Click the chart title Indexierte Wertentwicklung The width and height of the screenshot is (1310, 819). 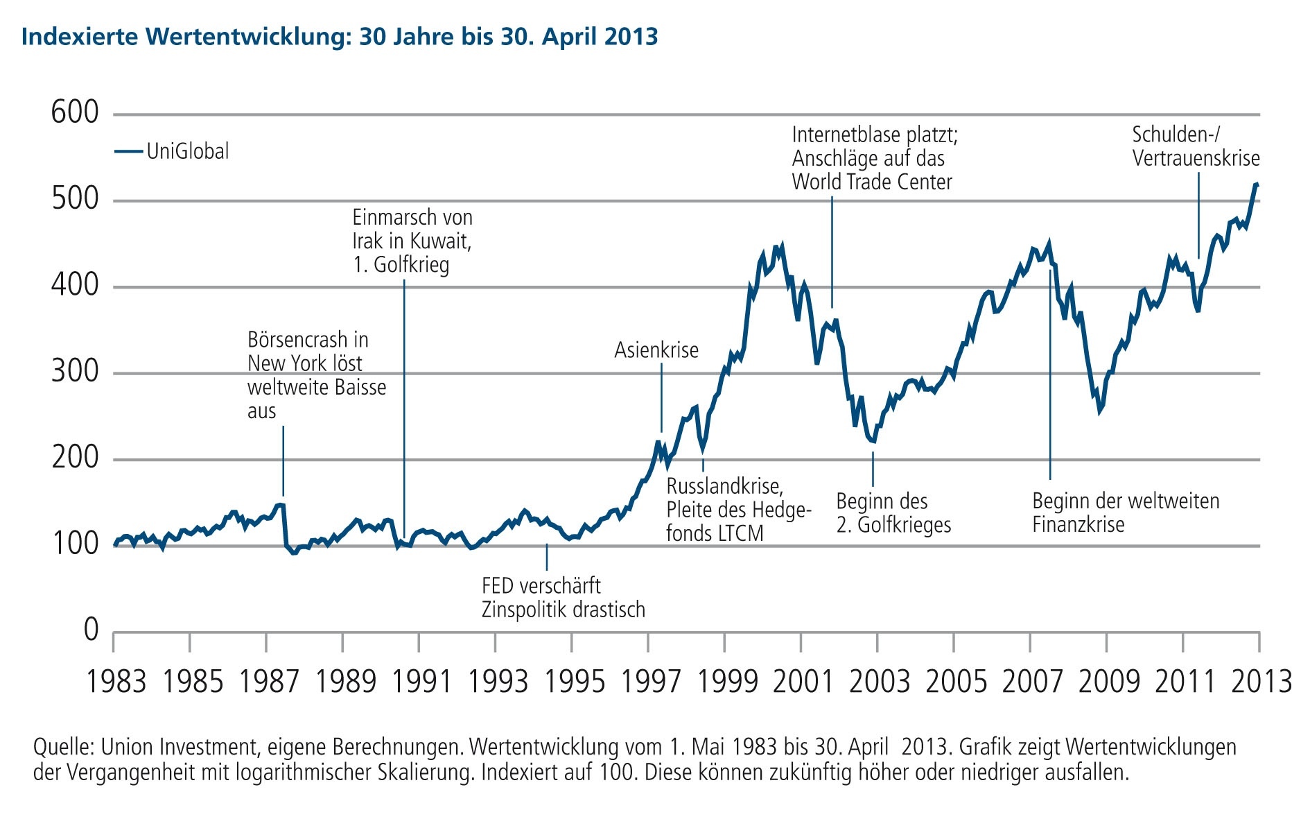click(340, 36)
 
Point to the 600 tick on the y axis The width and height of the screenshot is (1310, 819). click(75, 112)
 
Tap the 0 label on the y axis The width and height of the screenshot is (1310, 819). click(91, 630)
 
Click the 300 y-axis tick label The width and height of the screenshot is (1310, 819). click(75, 372)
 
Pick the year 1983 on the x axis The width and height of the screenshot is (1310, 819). click(116, 681)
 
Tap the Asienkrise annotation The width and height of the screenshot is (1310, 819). click(656, 350)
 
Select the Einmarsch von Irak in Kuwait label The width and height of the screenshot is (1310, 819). click(412, 241)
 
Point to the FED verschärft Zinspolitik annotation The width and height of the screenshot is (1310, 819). click(563, 598)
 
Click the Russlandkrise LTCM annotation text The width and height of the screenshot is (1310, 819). click(738, 510)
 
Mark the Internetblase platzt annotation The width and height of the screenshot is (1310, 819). click(874, 158)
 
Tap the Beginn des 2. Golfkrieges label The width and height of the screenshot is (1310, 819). click(893, 512)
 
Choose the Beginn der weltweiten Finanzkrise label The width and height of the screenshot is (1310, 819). click(1125, 512)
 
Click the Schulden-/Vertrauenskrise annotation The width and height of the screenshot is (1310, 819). click(1196, 146)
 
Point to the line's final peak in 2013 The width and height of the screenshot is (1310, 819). click(1256, 184)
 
